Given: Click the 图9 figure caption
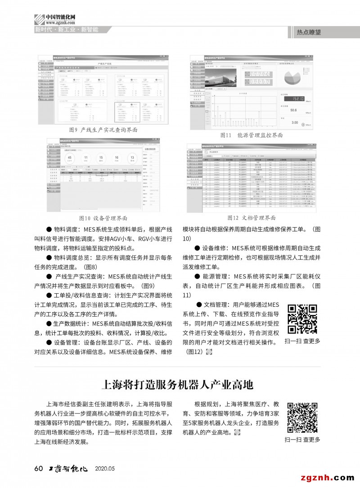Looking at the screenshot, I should (x=103, y=130).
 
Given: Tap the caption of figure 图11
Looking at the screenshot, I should (x=251, y=135).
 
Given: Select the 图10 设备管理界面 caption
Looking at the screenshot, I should (x=103, y=218).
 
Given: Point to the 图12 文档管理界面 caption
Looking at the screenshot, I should (x=251, y=218).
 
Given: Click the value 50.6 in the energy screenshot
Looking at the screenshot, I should (x=293, y=110).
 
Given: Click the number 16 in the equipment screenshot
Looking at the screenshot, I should (x=116, y=158).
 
